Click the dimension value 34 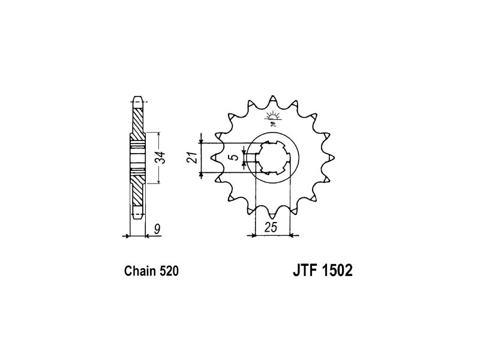click(162, 158)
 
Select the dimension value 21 click(191, 157)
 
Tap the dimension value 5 click(235, 158)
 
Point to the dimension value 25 click(271, 227)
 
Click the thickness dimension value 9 click(157, 229)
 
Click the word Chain click(140, 271)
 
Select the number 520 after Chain click(169, 271)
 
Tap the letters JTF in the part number click(305, 271)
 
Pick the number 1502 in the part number click(338, 271)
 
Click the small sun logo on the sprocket click(272, 119)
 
